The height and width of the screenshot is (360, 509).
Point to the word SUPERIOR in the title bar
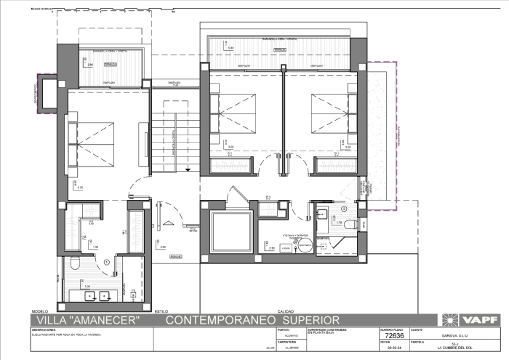coord(306,320)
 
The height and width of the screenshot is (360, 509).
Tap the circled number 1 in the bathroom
coord(106,262)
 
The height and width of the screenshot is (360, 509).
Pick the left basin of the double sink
coord(88,295)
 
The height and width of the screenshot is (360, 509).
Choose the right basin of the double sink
coord(105,295)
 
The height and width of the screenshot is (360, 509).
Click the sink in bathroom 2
coord(321,214)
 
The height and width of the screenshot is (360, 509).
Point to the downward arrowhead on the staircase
coord(188,169)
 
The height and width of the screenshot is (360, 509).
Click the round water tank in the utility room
coord(304,247)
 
